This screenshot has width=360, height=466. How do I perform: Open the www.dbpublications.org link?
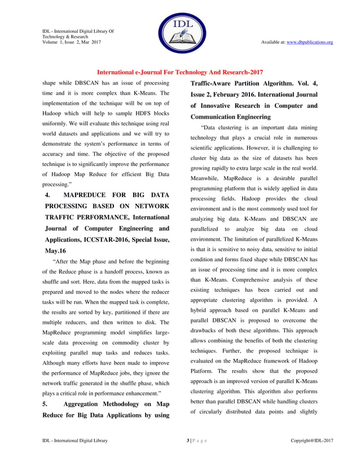[310, 42]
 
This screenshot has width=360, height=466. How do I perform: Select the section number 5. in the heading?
[46, 404]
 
